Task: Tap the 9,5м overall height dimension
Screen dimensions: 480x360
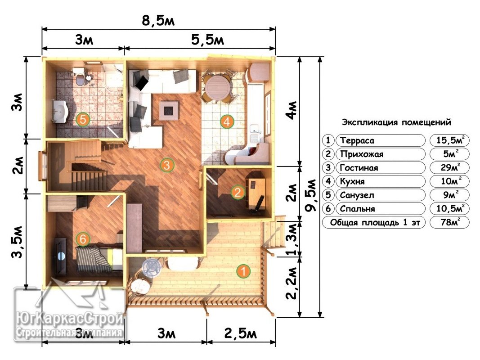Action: (x=311, y=195)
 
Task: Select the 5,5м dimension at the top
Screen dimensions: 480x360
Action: (x=207, y=40)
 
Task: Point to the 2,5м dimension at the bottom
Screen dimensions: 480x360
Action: (x=241, y=333)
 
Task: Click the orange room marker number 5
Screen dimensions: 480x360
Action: (x=83, y=119)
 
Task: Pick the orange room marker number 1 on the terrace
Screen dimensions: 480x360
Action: (x=243, y=271)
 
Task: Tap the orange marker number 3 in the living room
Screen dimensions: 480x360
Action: (x=167, y=165)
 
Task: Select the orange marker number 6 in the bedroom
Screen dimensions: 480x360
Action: (x=83, y=239)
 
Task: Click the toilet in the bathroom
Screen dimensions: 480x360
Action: (x=80, y=76)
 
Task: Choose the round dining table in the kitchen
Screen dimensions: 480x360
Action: (x=217, y=87)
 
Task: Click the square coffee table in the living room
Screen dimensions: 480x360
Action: (x=169, y=110)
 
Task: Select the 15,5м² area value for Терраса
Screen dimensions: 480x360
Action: (x=449, y=140)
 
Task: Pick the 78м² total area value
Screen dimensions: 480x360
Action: (x=449, y=222)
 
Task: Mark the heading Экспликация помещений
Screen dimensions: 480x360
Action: (x=396, y=122)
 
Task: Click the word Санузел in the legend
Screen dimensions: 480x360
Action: (x=357, y=195)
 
